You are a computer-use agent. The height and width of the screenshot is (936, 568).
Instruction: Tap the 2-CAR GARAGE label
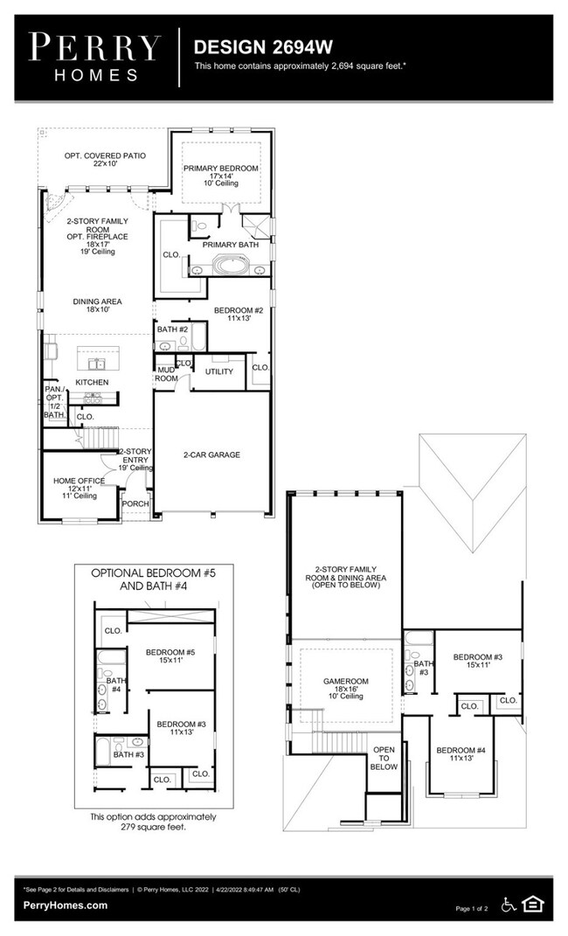pyautogui.click(x=211, y=454)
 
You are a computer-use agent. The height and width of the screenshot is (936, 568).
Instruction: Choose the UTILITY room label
pyautogui.click(x=218, y=371)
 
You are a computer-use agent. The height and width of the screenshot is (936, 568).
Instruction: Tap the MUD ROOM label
pyautogui.click(x=166, y=375)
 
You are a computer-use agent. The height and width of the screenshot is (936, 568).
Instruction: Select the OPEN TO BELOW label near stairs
pyautogui.click(x=384, y=758)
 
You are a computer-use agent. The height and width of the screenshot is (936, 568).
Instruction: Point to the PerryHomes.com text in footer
pyautogui.click(x=66, y=905)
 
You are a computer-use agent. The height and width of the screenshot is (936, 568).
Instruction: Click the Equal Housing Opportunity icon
pyautogui.click(x=531, y=904)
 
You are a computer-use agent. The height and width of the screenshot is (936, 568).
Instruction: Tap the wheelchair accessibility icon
pyautogui.click(x=508, y=904)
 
